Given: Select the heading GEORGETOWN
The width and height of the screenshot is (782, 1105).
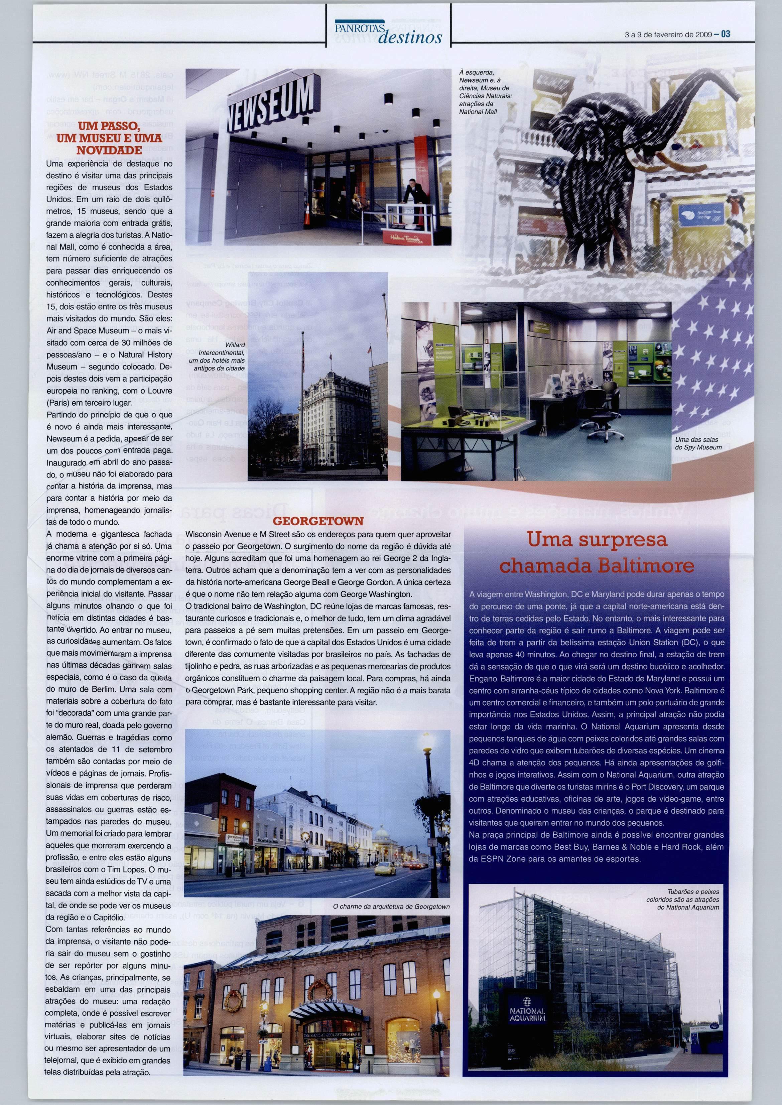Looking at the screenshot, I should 318,521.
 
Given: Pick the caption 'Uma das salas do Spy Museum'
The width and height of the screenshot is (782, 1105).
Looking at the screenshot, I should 698,443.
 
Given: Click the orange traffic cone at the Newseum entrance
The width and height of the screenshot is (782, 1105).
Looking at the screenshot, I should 307,217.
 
